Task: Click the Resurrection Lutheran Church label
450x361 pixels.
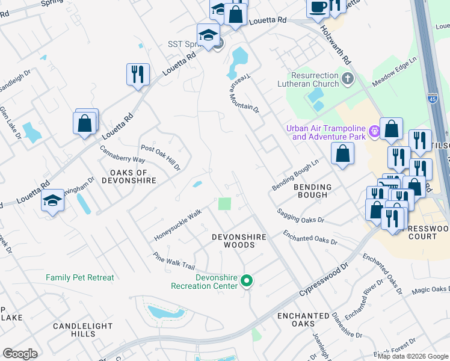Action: click(x=315, y=80)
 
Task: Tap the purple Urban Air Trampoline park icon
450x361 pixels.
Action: click(x=374, y=130)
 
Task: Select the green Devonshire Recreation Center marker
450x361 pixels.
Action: click(x=246, y=280)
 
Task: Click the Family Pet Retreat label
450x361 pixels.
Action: click(x=80, y=277)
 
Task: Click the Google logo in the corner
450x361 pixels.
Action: click(x=20, y=354)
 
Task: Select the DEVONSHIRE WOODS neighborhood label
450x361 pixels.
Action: click(x=239, y=241)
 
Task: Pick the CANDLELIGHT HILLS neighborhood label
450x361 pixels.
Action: click(x=83, y=330)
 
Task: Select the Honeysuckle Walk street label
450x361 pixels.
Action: click(x=178, y=224)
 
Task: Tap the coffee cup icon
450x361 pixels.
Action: click(x=318, y=7)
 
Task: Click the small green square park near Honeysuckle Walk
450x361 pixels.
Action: click(x=224, y=204)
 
